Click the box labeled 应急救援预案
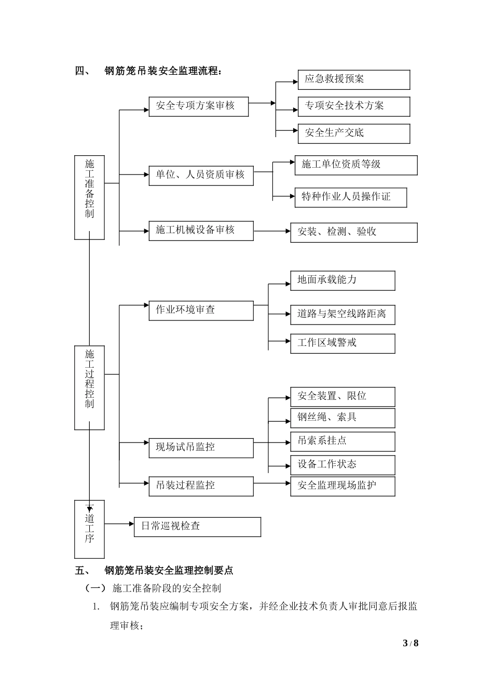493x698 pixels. point(353,79)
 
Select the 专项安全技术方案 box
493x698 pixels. point(353,106)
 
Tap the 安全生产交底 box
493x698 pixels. point(353,133)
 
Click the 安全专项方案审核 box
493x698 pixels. point(198,106)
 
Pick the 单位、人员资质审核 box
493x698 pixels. point(201,175)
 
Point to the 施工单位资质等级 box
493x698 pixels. point(355,165)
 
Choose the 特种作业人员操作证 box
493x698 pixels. point(350,197)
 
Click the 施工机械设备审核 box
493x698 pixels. point(201,230)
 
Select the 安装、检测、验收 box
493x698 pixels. point(353,232)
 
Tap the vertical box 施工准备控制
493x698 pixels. point(89,197)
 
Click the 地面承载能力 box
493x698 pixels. point(342,280)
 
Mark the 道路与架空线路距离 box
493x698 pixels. point(342,315)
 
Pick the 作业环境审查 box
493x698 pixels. point(201,310)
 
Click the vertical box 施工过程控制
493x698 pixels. point(89,387)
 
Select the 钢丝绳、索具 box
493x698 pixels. point(342,418)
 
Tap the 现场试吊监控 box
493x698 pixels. point(201,447)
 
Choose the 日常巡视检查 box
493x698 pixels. point(197,526)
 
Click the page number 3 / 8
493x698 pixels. point(410,643)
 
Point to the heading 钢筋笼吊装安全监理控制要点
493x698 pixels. point(169,570)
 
